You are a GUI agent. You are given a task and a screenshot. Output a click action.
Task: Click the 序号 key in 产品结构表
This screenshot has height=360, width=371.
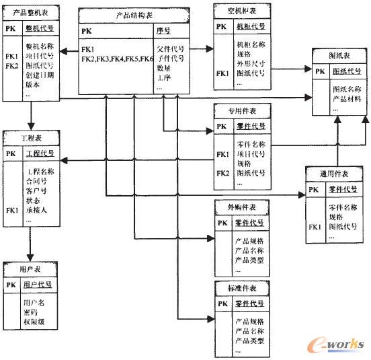coord(163,31)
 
